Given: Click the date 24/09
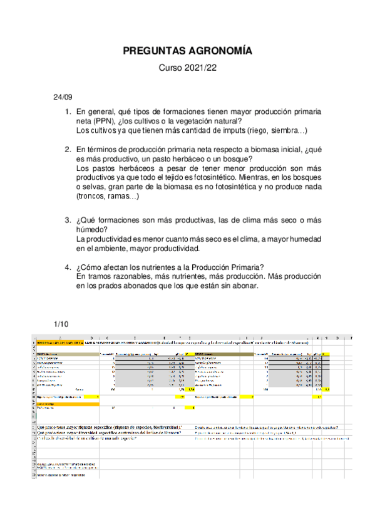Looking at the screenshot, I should tap(63, 97).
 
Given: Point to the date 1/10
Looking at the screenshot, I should tap(61, 324).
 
